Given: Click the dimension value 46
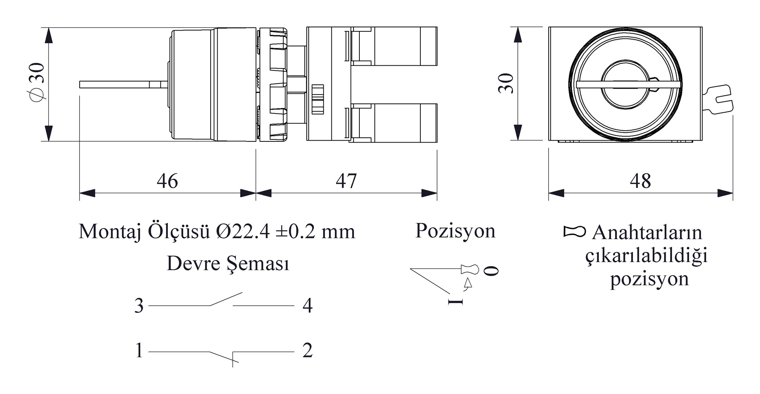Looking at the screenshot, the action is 167,181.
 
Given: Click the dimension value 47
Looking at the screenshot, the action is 346,181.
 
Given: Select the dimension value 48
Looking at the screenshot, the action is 640,181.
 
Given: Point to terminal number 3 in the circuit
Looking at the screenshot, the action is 139,306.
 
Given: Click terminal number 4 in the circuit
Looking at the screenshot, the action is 308,306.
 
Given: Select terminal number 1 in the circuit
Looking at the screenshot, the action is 139,350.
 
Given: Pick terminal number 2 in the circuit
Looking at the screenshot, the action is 308,350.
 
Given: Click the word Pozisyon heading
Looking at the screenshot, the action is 455,231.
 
